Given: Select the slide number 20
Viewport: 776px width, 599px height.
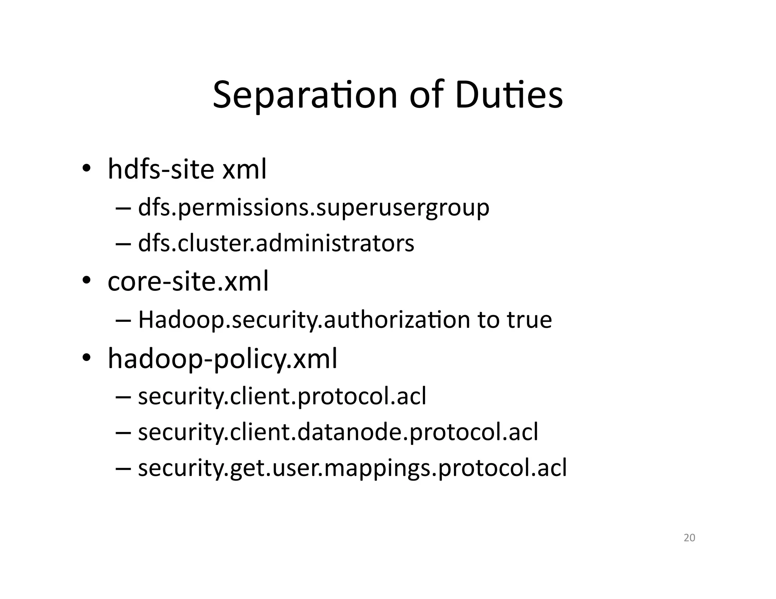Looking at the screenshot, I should [x=689, y=538].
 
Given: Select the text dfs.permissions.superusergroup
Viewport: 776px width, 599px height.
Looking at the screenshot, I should [x=313, y=208].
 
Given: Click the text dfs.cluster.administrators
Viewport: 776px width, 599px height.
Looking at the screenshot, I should [x=276, y=243].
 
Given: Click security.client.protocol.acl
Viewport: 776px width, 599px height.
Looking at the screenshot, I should [x=282, y=396].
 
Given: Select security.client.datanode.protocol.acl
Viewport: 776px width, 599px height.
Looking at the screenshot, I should [x=338, y=432].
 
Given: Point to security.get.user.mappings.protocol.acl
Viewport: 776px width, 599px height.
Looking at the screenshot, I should [x=352, y=468].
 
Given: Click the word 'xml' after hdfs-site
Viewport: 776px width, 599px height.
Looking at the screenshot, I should [x=244, y=169].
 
